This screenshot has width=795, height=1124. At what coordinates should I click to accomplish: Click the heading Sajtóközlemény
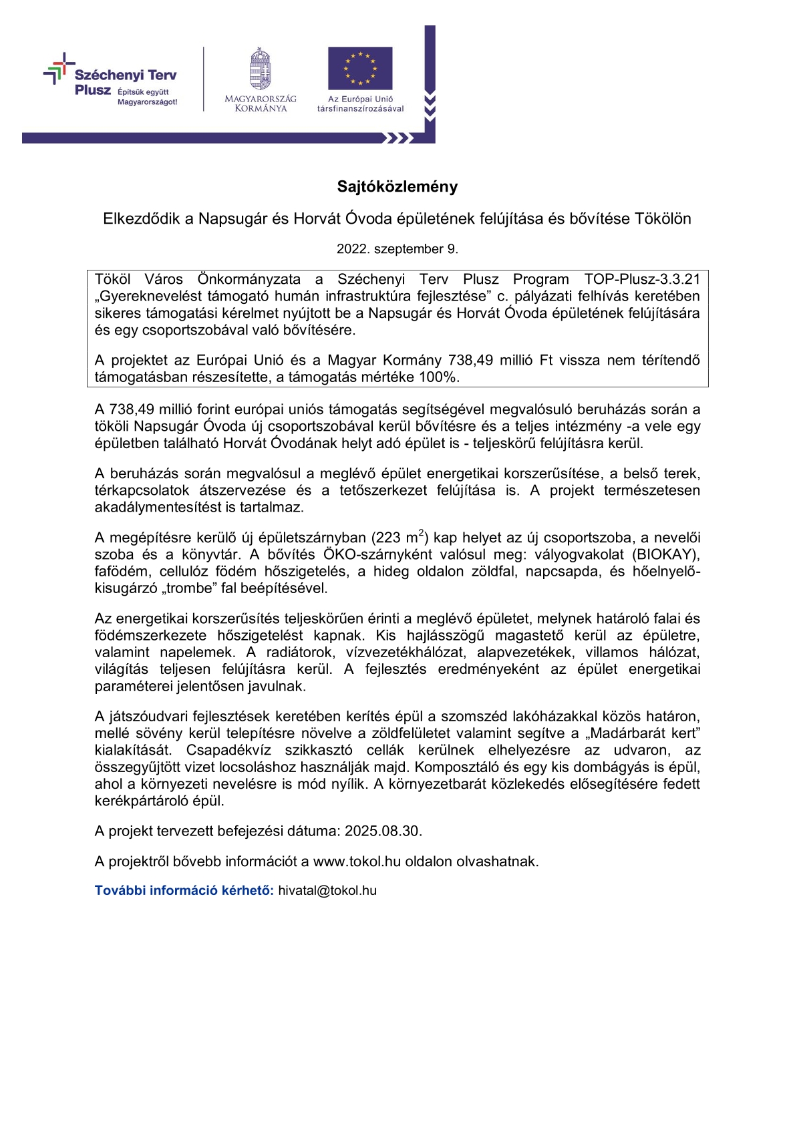click(x=397, y=187)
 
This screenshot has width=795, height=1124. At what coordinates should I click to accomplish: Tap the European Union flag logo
click(x=360, y=68)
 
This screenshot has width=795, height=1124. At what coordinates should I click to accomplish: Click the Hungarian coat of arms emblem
click(x=260, y=68)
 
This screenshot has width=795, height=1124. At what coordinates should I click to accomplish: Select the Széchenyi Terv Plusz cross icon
click(x=59, y=69)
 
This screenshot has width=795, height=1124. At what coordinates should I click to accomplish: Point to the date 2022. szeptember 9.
click(x=397, y=249)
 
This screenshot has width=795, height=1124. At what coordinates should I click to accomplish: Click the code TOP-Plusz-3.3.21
click(x=641, y=279)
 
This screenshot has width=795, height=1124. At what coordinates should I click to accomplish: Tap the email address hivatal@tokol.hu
click(x=327, y=890)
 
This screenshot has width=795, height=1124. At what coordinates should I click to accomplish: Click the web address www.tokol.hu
click(x=357, y=862)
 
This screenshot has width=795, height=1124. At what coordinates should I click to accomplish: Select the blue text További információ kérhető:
click(x=184, y=890)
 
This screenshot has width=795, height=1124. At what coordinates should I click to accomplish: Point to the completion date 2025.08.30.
click(x=383, y=831)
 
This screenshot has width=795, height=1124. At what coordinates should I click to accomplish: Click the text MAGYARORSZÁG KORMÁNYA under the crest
click(x=261, y=104)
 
